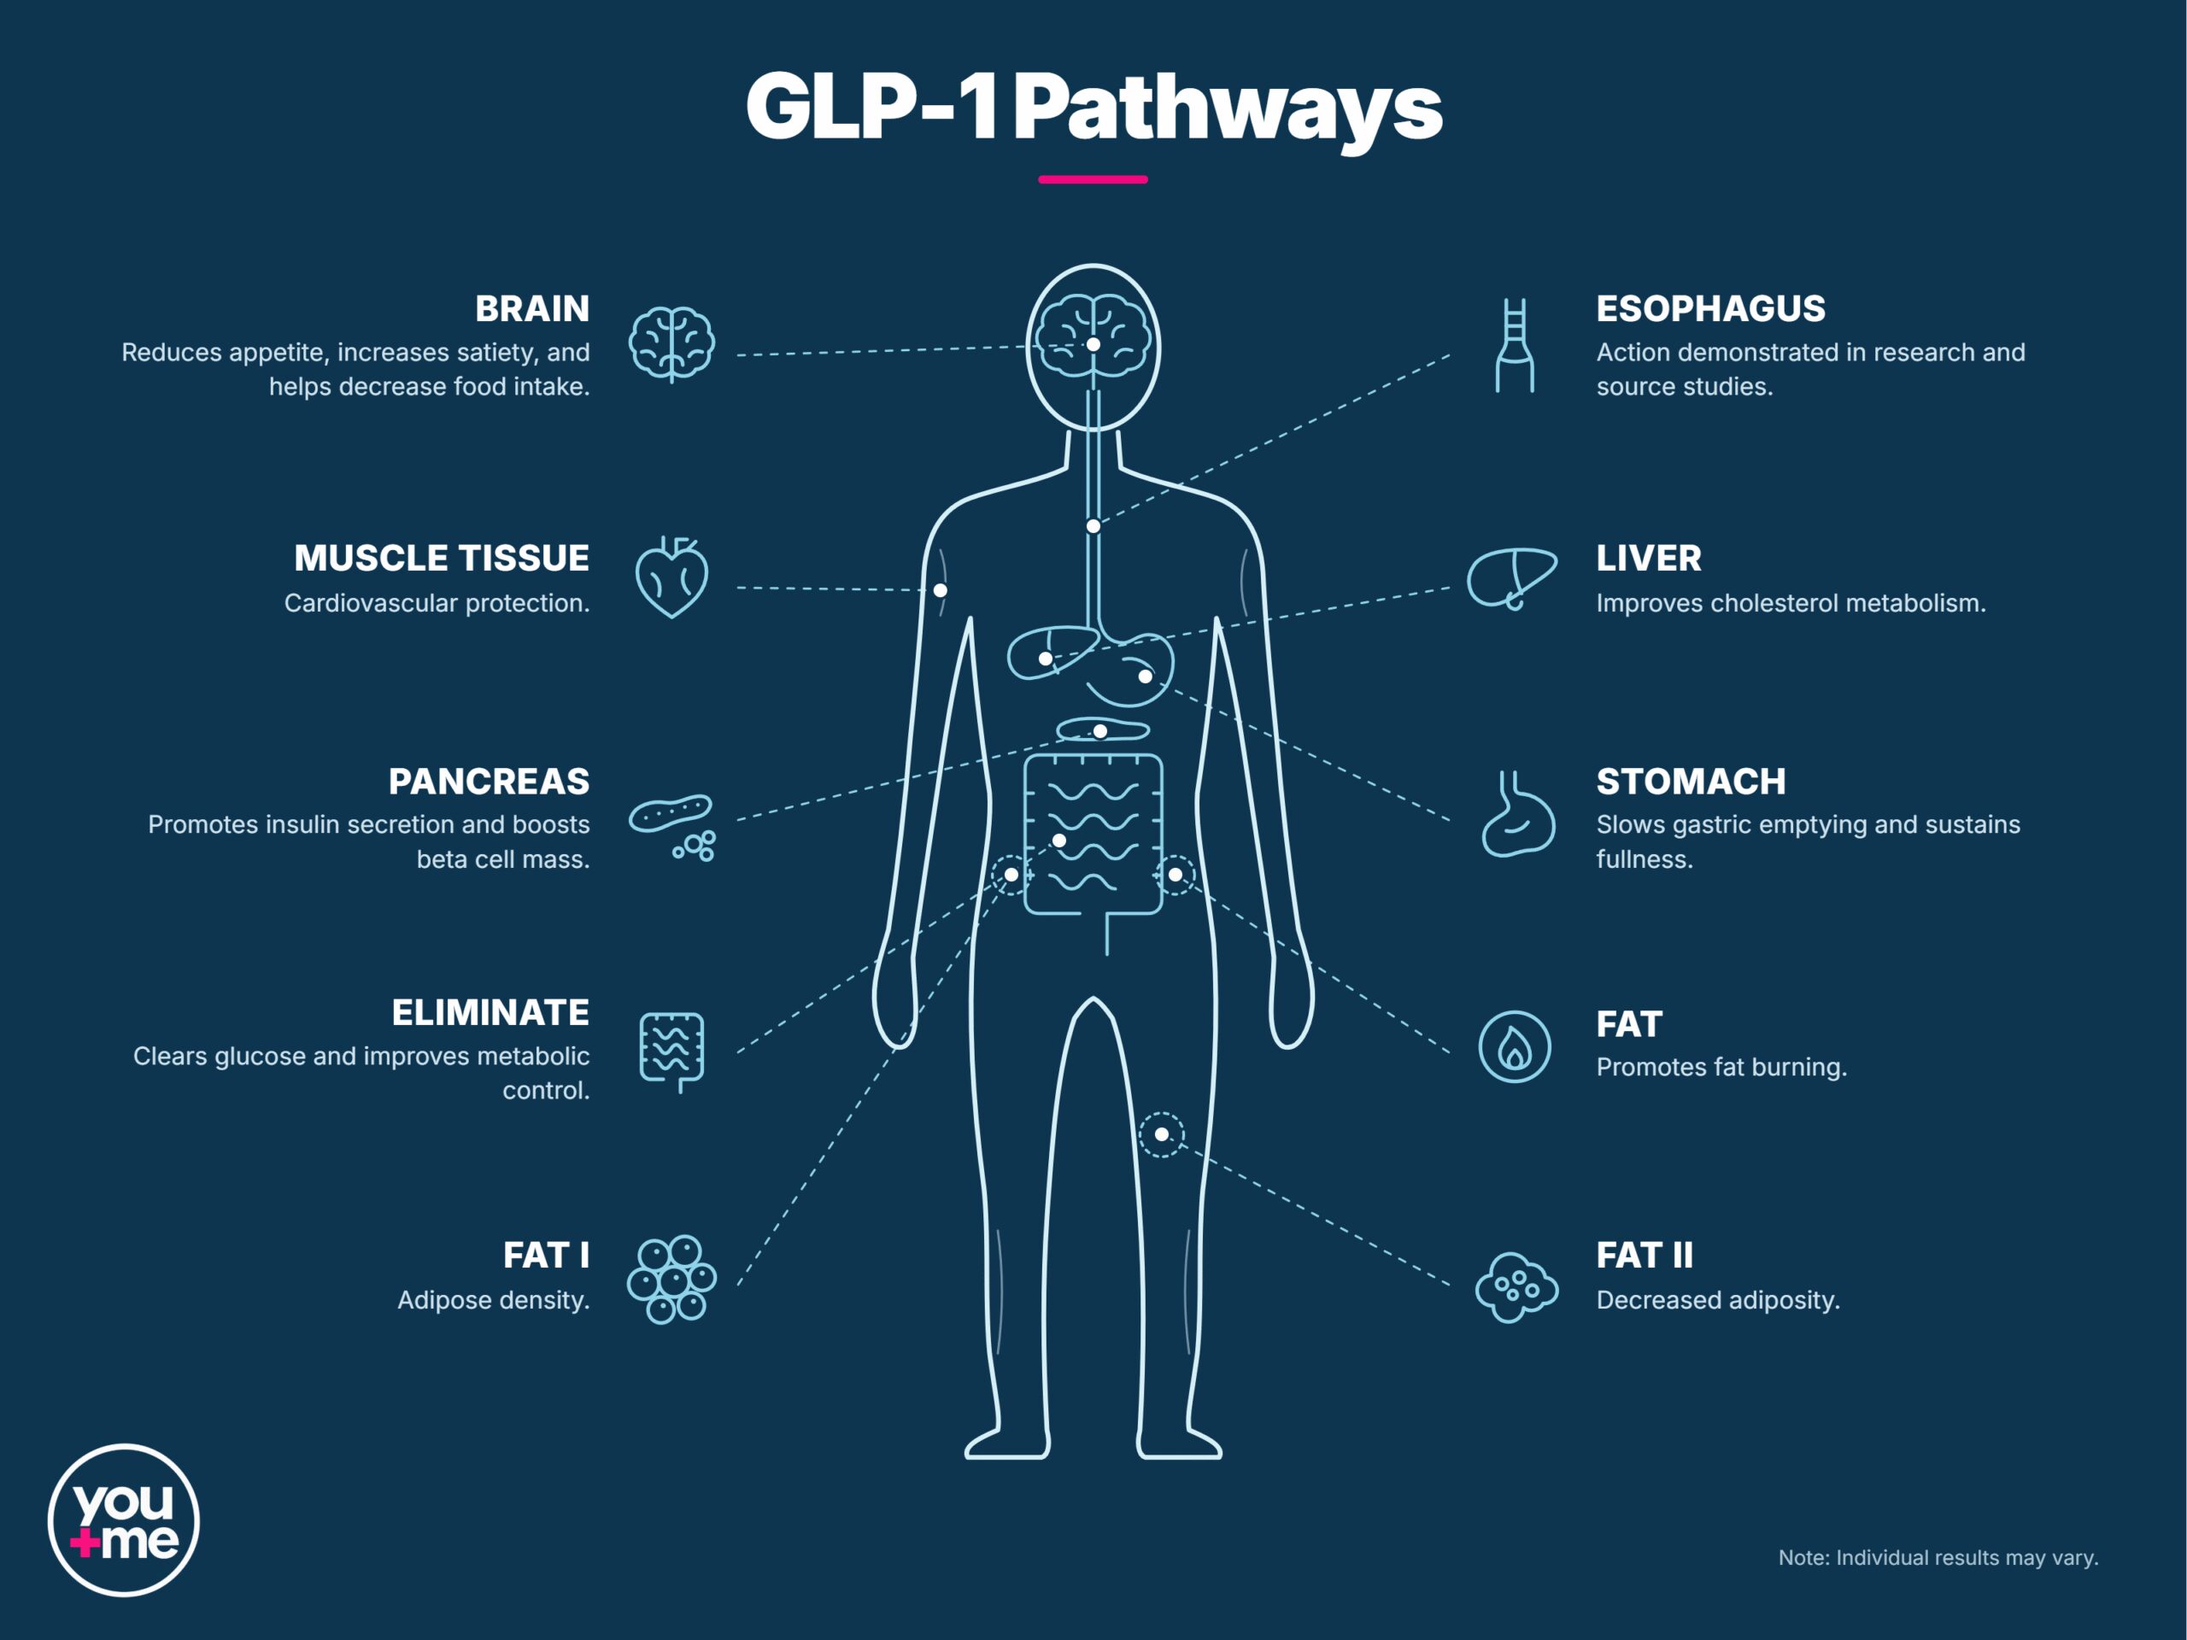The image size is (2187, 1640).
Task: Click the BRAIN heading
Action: (532, 309)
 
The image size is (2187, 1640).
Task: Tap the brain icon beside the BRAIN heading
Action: (672, 344)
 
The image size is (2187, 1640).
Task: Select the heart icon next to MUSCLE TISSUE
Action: (671, 577)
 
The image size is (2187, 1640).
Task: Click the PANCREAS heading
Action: (489, 782)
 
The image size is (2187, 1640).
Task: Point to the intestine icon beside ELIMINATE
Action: (672, 1051)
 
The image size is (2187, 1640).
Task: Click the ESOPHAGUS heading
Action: (1710, 309)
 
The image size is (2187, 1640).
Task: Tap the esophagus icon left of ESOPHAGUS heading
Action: (1515, 345)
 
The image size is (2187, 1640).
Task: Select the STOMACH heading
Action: (1691, 782)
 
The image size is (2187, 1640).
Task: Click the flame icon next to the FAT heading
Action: (1515, 1047)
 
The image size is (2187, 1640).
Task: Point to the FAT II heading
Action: (1645, 1256)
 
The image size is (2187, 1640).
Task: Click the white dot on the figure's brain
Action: (1093, 344)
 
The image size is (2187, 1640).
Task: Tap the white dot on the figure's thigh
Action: (1162, 1133)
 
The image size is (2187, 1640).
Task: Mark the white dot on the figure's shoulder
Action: (941, 590)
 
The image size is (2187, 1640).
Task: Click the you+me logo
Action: (124, 1520)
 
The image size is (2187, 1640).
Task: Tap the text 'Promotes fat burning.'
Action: (1721, 1068)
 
